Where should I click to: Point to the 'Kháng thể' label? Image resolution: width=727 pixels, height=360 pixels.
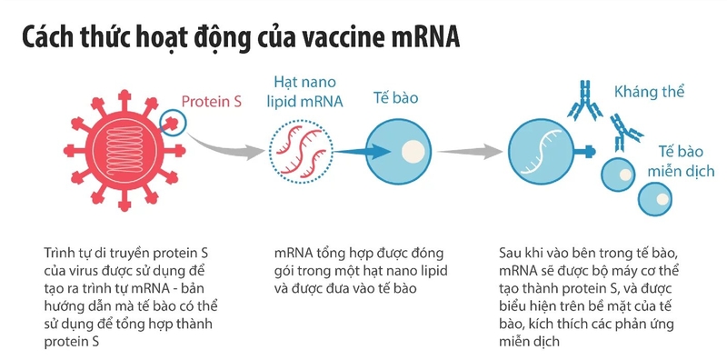coord(649,93)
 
